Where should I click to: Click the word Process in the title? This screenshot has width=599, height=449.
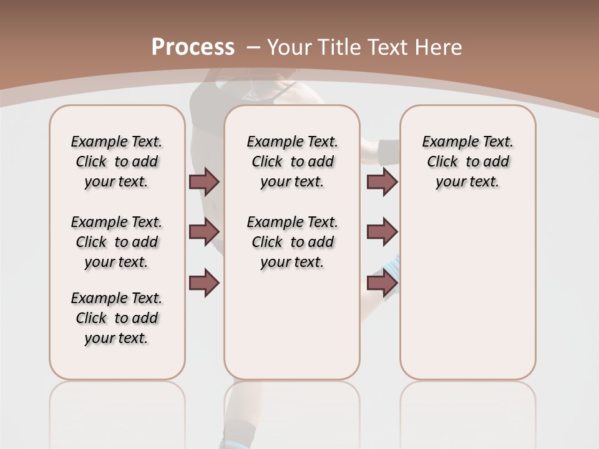pos(193,47)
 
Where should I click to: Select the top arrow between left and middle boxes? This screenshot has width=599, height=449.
pos(204,181)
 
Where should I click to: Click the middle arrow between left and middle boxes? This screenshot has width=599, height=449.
pos(204,232)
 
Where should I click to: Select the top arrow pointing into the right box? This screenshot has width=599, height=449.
pos(382,182)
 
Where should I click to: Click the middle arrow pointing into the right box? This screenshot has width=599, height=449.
pos(382,232)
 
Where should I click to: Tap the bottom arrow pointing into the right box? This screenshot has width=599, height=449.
pos(382,283)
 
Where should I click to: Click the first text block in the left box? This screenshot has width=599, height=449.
pos(117,162)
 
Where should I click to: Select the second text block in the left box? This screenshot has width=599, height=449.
pos(117,242)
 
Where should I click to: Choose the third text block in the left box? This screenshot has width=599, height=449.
pos(117,318)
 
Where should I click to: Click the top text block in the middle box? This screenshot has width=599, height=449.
pos(292,162)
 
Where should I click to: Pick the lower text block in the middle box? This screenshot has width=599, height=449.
pos(292,242)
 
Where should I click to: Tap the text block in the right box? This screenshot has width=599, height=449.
pos(467,162)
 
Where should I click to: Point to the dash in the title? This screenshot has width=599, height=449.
pos(253,47)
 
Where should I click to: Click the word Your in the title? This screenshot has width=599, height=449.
pos(290,47)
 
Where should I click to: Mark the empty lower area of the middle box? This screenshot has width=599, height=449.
pos(292,324)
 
